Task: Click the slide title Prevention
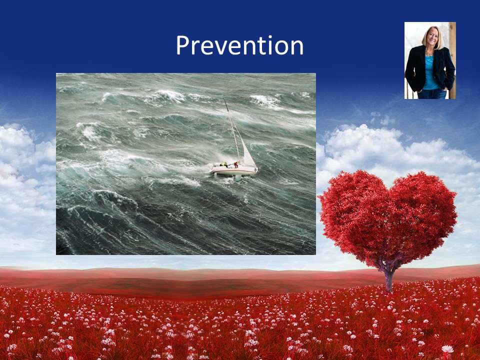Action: tap(239, 45)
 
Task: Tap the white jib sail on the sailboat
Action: tap(248, 154)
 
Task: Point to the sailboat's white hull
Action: tap(233, 170)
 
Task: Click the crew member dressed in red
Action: tap(236, 164)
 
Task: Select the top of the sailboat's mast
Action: tap(224, 100)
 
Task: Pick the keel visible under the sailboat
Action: tap(236, 177)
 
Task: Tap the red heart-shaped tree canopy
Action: tap(388, 217)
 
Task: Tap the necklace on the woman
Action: tap(429, 52)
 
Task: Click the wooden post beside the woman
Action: tap(452, 60)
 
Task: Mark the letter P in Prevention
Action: tap(183, 45)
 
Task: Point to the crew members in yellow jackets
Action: tap(224, 164)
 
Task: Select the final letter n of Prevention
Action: tap(297, 48)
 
